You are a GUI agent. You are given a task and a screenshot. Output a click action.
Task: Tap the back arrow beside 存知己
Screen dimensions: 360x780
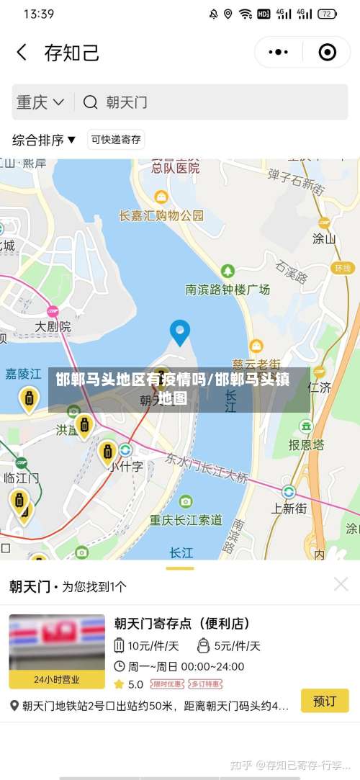pyautogui.click(x=22, y=53)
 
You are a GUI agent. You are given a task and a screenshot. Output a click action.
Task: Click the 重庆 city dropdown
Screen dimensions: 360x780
pyautogui.click(x=40, y=102)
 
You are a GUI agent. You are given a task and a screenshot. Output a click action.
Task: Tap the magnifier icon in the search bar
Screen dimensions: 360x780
pyautogui.click(x=90, y=102)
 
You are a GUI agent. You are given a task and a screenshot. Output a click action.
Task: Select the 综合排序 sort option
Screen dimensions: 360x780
pyautogui.click(x=44, y=140)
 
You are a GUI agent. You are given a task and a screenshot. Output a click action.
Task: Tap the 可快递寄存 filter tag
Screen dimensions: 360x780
pyautogui.click(x=116, y=140)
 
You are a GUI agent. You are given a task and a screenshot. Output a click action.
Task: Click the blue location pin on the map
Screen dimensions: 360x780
pyautogui.click(x=179, y=332)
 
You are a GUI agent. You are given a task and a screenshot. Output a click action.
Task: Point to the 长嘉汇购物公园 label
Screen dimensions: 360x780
pyautogui.click(x=161, y=215)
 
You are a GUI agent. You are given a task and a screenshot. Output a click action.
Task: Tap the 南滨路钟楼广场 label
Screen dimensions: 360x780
pyautogui.click(x=228, y=289)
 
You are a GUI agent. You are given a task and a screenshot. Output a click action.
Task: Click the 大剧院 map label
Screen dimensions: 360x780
pyautogui.click(x=53, y=326)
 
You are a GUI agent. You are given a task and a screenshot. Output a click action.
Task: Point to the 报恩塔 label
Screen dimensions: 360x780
pyautogui.click(x=305, y=444)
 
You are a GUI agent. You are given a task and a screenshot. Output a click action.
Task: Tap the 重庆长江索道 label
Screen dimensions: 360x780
pyautogui.click(x=186, y=519)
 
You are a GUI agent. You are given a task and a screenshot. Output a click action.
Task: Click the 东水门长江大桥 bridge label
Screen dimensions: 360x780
pyautogui.click(x=207, y=467)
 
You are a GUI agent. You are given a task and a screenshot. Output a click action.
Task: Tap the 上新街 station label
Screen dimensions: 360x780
pyautogui.click(x=289, y=508)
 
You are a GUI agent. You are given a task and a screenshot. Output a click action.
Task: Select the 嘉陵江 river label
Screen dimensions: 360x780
pyautogui.click(x=23, y=373)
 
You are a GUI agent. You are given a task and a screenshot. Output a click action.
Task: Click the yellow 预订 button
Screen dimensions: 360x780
pyautogui.click(x=324, y=701)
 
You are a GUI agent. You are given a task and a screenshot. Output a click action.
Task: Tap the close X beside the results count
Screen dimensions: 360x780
pyautogui.click(x=341, y=584)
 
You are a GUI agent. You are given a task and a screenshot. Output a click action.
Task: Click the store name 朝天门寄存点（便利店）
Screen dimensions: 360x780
pyautogui.click(x=182, y=624)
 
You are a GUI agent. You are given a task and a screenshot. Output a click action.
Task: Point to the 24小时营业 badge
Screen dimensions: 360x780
pyautogui.click(x=57, y=679)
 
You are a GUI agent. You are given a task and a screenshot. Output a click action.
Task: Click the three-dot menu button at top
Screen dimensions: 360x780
pyautogui.click(x=278, y=53)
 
